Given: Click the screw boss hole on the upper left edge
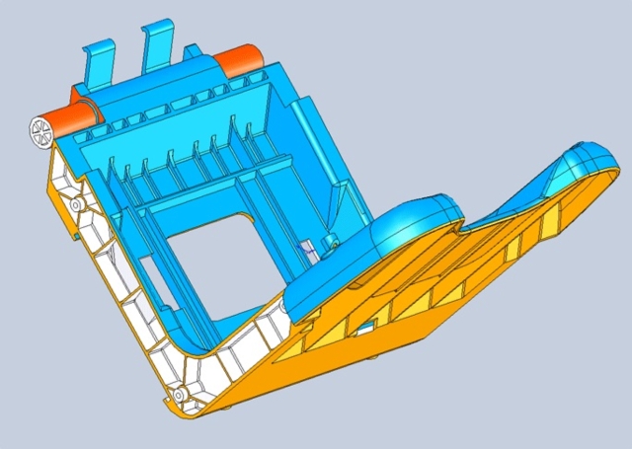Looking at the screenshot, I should point(75,204).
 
